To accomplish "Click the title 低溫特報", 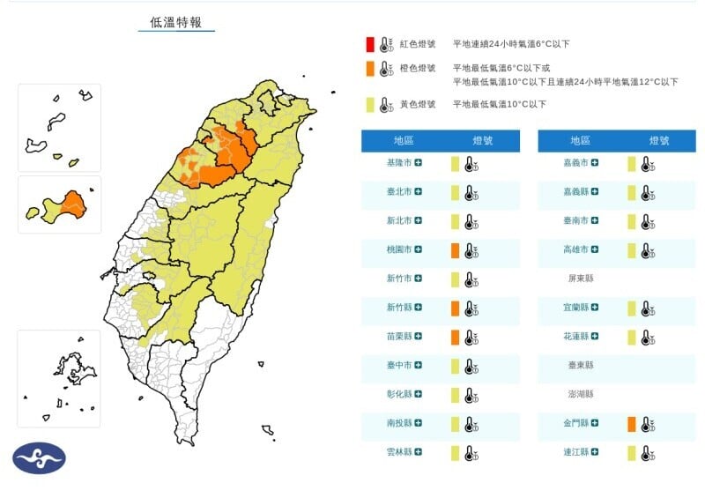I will tap(176, 22).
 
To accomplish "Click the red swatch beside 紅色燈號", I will tap(371, 44).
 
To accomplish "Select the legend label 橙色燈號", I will tap(418, 68).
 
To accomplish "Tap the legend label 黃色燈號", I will tap(418, 105).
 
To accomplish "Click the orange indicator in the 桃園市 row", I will tap(456, 250).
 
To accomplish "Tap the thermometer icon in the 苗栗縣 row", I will tap(472, 337).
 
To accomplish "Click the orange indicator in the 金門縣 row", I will tap(632, 424).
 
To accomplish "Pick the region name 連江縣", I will tap(578, 453).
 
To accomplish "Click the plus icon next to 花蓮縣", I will tap(596, 337).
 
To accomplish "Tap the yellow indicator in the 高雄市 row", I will tap(632, 250).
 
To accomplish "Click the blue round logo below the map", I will tap(39, 457).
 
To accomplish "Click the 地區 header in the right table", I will tap(580, 140).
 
